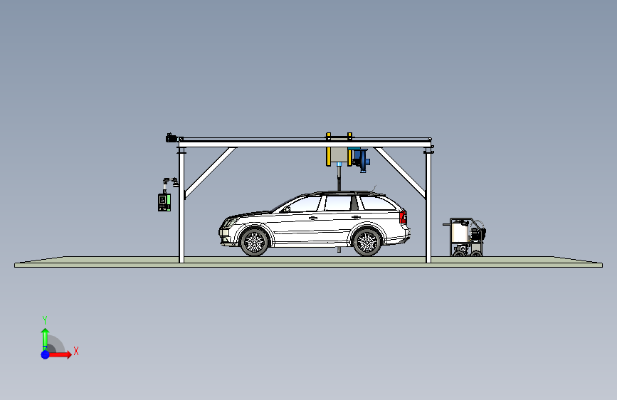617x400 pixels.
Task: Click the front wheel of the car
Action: (x=253, y=242)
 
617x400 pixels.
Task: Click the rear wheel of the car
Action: (x=366, y=242)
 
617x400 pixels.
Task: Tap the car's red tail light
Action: (x=403, y=216)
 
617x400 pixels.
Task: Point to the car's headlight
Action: (x=228, y=223)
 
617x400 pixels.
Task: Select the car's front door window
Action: (x=305, y=204)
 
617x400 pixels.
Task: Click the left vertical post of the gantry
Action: (x=181, y=206)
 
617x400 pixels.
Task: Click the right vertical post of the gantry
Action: (x=428, y=206)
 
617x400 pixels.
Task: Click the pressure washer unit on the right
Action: (x=467, y=238)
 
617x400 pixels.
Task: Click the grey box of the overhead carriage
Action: (x=339, y=155)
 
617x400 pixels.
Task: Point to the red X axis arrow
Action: (x=63, y=354)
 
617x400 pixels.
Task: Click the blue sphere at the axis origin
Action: (x=45, y=354)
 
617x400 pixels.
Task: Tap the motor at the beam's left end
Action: (x=172, y=137)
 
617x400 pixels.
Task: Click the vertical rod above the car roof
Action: (x=339, y=178)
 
